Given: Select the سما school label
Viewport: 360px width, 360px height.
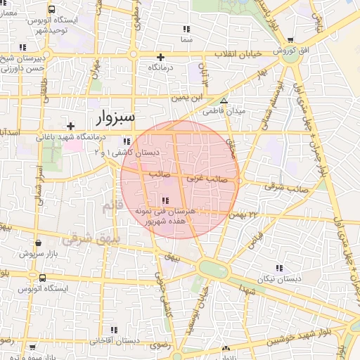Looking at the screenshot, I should click(x=186, y=41).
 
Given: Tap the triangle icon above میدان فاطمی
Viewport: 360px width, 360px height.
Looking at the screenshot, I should click(x=224, y=101).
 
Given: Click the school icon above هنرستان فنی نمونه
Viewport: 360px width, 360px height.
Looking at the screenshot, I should click(x=165, y=200).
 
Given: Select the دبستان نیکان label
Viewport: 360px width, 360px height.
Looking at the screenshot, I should click(x=279, y=278).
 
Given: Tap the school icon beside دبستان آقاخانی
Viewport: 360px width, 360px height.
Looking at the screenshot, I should click(x=114, y=329).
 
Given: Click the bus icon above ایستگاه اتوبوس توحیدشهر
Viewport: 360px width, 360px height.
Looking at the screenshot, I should click(x=52, y=10).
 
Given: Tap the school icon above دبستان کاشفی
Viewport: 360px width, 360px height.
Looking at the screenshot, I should click(x=126, y=141).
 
